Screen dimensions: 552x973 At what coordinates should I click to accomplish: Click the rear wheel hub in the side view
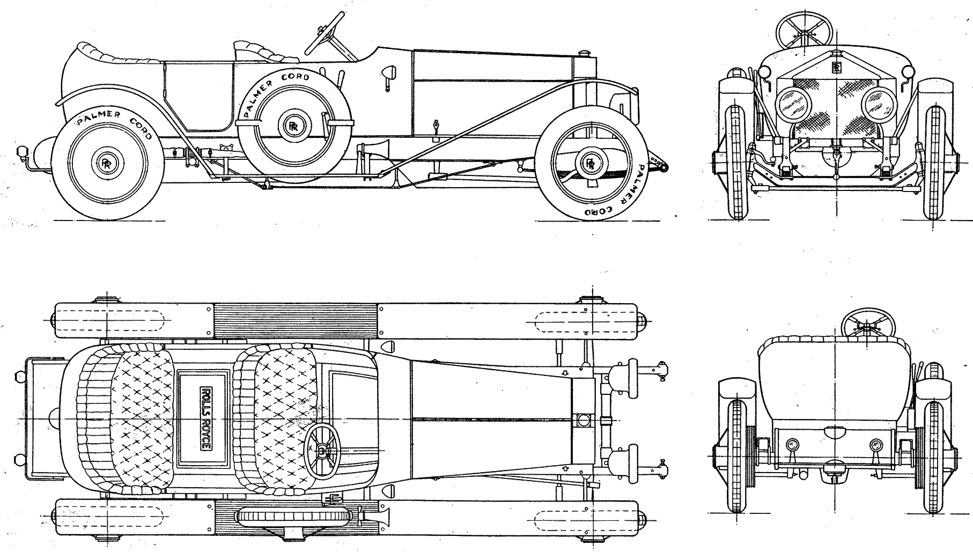point(107,163)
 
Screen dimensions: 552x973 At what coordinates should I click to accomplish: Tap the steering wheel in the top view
point(322,450)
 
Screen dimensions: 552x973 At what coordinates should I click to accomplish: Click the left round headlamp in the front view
point(791,105)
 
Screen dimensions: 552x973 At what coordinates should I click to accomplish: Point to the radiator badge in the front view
point(836,67)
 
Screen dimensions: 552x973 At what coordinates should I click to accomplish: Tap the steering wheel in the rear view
point(868,323)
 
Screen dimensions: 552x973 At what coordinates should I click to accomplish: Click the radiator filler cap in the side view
point(585,53)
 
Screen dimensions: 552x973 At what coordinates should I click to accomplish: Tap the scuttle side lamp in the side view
point(390,72)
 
